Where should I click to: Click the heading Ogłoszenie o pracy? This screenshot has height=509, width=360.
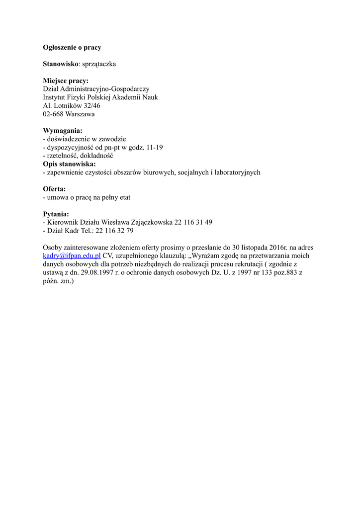coord(72,48)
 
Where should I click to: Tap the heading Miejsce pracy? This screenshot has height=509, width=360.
coord(66,81)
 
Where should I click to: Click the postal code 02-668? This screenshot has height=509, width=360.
coord(53,114)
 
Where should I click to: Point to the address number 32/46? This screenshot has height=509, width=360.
coord(90,105)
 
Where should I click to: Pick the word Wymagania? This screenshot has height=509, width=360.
coord(63,131)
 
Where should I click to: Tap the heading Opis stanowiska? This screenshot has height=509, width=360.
coord(70,164)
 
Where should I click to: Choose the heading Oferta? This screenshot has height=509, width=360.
coord(55,189)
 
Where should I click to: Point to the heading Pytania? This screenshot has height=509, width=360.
coord(56,214)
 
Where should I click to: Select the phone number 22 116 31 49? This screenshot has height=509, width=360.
coord(193,222)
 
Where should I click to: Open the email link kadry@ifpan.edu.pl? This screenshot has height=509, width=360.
coord(72,255)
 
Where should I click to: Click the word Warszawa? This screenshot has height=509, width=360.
coord(80,114)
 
